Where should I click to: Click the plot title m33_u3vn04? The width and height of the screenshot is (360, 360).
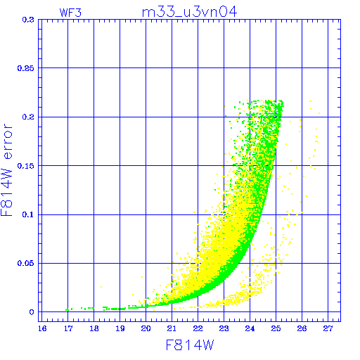(189, 12)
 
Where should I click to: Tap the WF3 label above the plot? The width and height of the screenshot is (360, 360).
(70, 13)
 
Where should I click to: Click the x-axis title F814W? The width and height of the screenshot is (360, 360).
(190, 345)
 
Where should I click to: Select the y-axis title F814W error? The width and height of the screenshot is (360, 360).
(6, 169)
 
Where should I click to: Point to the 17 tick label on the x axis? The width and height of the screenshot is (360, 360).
(68, 328)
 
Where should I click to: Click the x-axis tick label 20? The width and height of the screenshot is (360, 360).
(146, 328)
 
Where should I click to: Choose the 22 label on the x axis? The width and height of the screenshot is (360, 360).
(198, 328)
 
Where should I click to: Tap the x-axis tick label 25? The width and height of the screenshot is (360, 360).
(276, 328)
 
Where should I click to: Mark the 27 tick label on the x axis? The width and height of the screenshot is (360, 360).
(328, 328)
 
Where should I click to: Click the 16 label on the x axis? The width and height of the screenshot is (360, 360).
(42, 328)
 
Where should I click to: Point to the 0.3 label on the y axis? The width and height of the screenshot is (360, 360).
(28, 20)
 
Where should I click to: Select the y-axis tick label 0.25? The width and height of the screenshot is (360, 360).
(26, 68)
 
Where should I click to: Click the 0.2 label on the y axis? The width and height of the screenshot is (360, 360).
(28, 117)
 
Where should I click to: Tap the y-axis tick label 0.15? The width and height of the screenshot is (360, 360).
(26, 166)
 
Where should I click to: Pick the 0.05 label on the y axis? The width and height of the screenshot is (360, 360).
(26, 263)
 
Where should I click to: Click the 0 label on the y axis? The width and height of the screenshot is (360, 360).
(32, 312)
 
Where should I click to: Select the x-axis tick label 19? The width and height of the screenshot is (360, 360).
(120, 328)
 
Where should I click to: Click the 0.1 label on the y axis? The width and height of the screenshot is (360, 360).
(28, 214)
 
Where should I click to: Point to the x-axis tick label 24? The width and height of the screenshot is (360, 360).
(250, 328)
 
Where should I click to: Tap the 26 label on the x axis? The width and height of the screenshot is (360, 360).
(302, 328)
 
